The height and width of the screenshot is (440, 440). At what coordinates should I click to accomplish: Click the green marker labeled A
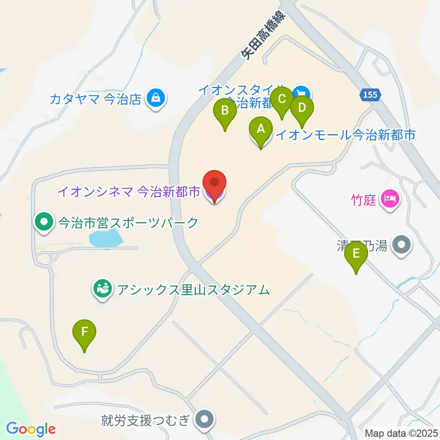pos(261,130)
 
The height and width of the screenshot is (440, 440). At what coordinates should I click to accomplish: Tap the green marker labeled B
pos(225,111)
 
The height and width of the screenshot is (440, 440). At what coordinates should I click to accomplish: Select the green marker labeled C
pos(282,100)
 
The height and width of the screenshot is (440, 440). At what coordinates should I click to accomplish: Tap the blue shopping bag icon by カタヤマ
pos(156,98)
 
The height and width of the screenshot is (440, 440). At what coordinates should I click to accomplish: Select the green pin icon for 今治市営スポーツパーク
pos(44,223)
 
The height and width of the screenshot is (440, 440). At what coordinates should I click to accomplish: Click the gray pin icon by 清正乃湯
pos(402,246)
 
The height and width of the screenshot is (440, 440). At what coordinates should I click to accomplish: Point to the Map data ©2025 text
pos(401,433)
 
